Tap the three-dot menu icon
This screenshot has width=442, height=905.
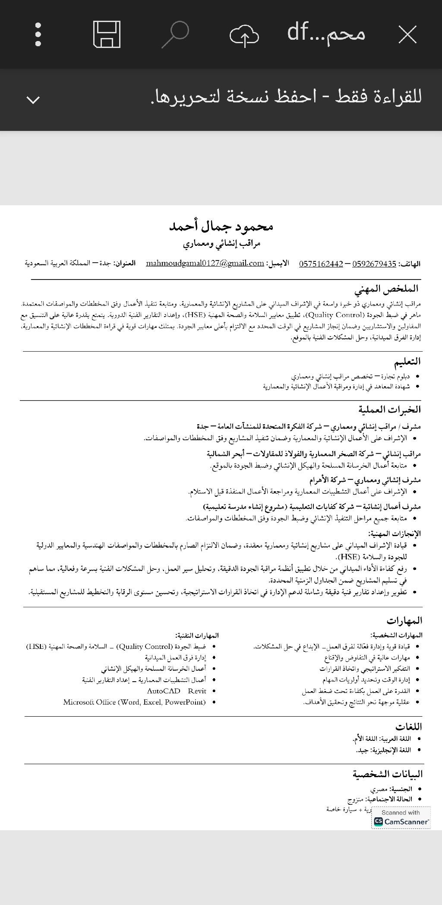click(x=38, y=34)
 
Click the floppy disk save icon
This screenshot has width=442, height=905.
click(x=107, y=35)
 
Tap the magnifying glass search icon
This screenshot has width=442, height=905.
click(x=175, y=35)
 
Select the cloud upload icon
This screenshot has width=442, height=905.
click(x=244, y=35)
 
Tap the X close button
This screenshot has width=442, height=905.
click(x=407, y=35)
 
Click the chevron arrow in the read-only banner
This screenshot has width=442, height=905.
click(x=33, y=100)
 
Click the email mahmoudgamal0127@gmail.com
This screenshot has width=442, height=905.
click(x=205, y=264)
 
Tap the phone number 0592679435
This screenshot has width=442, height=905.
click(x=374, y=264)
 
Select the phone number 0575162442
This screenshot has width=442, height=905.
click(x=321, y=264)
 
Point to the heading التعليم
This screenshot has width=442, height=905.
click(x=407, y=361)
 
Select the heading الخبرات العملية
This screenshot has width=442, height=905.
click(x=389, y=409)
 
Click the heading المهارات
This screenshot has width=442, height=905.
click(x=404, y=621)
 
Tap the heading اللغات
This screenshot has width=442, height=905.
click(x=408, y=727)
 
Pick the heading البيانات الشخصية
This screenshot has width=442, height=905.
click(x=388, y=774)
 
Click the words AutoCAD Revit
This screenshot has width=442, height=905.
click(x=177, y=691)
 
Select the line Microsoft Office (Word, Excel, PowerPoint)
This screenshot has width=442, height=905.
click(x=134, y=702)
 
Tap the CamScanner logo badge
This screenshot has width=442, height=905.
click(x=401, y=818)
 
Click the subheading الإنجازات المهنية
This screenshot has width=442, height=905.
click(x=395, y=533)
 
